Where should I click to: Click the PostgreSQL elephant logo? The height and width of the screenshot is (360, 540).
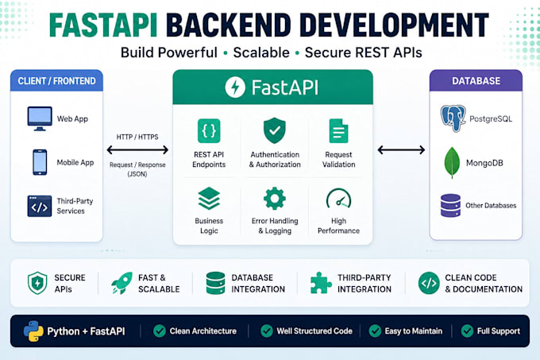click(x=453, y=118)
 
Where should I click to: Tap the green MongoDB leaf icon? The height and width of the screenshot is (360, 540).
click(x=452, y=163)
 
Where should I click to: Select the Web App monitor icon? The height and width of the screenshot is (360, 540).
click(x=40, y=118)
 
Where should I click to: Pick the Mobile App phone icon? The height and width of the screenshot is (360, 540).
click(x=40, y=162)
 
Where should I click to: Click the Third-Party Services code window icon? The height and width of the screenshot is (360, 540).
click(x=40, y=206)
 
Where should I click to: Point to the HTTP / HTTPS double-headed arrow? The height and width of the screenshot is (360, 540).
click(x=137, y=150)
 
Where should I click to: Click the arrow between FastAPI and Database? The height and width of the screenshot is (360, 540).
click(x=401, y=150)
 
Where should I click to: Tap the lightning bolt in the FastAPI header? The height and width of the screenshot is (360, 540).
click(x=235, y=87)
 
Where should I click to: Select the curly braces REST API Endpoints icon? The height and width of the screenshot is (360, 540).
click(x=209, y=131)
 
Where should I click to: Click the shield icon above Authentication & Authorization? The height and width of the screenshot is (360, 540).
click(x=275, y=130)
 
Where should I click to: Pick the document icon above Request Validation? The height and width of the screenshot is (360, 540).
click(x=338, y=131)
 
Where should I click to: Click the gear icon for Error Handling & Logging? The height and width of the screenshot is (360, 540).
click(x=275, y=199)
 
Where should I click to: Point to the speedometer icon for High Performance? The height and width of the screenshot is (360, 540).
click(x=338, y=199)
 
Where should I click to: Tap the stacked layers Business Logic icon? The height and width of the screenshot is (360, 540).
click(x=209, y=199)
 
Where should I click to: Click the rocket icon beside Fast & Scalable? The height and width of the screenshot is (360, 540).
click(x=122, y=283)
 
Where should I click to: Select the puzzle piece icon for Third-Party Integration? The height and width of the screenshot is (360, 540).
click(x=321, y=283)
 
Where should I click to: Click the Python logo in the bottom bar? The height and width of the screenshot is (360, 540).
click(x=33, y=331)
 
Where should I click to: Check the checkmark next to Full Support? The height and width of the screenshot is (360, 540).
click(x=467, y=331)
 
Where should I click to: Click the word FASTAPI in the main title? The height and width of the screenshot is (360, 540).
click(x=103, y=25)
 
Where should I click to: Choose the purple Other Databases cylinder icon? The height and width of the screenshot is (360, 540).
click(x=450, y=205)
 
